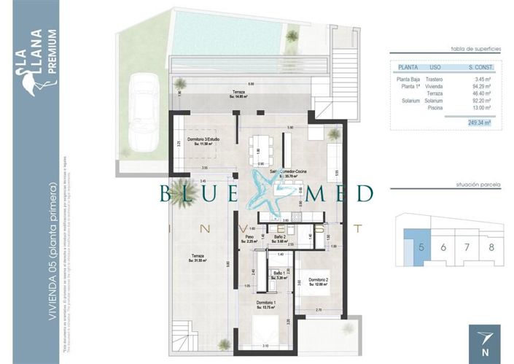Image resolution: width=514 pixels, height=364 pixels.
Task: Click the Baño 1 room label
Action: pos(279,274)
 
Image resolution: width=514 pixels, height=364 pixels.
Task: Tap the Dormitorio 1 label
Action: pos(265,304)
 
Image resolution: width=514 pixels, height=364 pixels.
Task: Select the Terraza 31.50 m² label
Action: pos(198,257)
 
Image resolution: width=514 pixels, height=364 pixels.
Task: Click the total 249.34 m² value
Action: pos(479,123)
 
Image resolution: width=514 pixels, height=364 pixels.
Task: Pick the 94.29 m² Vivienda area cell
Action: pos(478,86)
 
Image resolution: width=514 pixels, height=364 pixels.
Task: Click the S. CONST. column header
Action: pos(478,67)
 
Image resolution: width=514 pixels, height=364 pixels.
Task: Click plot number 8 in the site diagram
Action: pos(491,247)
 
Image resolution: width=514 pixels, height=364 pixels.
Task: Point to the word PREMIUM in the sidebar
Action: pos(51,52)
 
